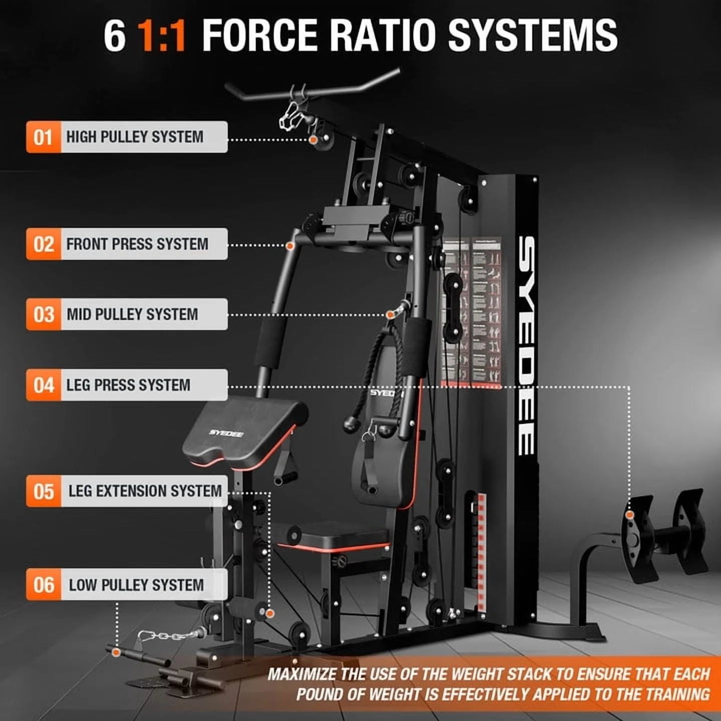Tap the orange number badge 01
(x=43, y=137)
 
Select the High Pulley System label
(x=135, y=137)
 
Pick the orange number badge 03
(x=43, y=314)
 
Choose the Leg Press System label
(x=128, y=385)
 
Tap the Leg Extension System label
(x=145, y=491)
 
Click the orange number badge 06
(x=43, y=584)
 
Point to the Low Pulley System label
(x=136, y=585)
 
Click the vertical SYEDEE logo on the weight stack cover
(x=525, y=345)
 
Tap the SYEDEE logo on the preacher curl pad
(x=226, y=433)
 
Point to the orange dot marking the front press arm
(x=290, y=246)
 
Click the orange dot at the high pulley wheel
(x=313, y=140)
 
